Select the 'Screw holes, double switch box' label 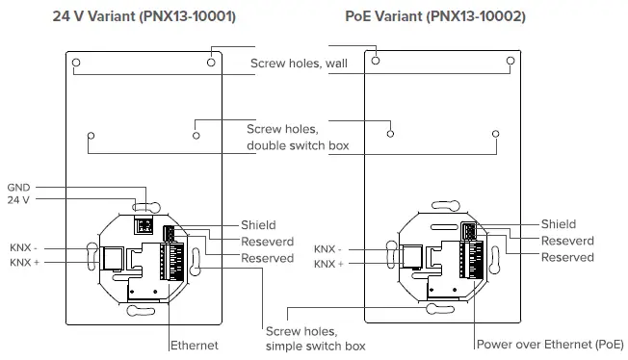coord(298,137)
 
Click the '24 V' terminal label coord(19,201)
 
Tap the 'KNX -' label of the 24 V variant coord(26,246)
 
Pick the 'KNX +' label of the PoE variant coord(327,263)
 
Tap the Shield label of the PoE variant coord(558,224)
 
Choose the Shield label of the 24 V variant coord(257,224)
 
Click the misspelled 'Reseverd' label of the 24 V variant coord(267,241)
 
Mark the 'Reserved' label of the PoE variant coord(567,257)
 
